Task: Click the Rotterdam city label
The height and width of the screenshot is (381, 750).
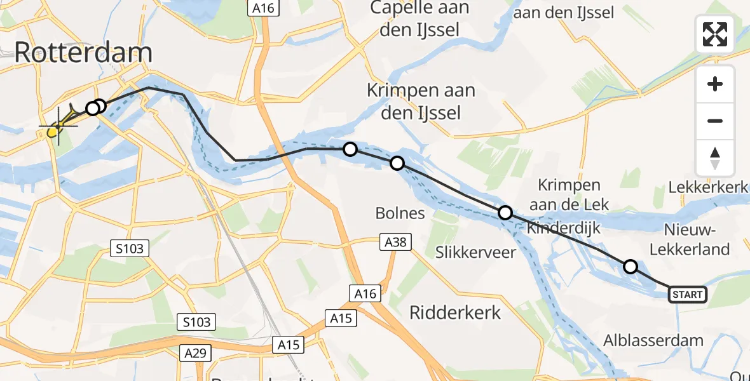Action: pos(83,53)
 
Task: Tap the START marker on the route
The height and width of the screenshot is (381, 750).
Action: pos(687,294)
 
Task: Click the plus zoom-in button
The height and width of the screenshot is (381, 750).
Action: pos(715,84)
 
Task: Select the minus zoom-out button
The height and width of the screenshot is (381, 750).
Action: pos(715,121)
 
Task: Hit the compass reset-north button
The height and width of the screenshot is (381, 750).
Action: pos(715,158)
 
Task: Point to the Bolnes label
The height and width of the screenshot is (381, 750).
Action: pos(400,213)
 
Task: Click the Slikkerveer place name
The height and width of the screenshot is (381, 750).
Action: pos(475,252)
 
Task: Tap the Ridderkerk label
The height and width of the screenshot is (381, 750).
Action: pos(455,312)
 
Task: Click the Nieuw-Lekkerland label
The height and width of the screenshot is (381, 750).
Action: pos(697,239)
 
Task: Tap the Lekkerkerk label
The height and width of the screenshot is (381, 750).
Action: pos(709,188)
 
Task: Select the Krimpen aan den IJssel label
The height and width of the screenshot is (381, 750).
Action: pos(421,102)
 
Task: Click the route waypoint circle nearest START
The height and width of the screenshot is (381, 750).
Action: pos(630,267)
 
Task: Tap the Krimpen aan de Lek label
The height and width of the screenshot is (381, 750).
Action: pos(569,195)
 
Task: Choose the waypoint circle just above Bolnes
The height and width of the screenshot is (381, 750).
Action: pos(397,163)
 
